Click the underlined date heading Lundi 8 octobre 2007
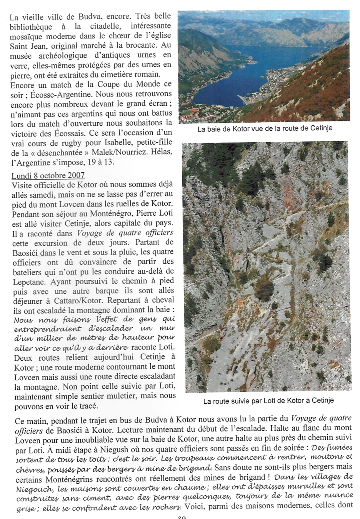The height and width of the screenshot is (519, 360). (x=48, y=176)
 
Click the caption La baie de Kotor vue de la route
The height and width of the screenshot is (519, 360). (x=265, y=129)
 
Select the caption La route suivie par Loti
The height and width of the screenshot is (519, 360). (x=268, y=401)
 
